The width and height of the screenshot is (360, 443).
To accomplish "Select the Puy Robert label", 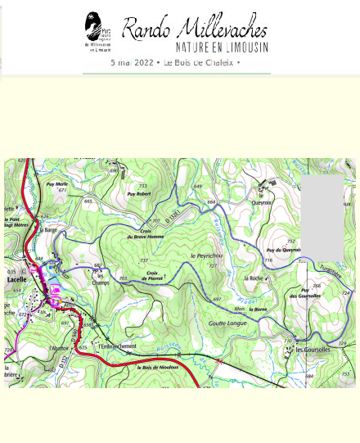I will [142, 194].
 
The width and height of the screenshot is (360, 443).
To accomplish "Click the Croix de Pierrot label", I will [155, 276].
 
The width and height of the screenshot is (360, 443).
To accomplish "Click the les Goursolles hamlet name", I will [312, 350].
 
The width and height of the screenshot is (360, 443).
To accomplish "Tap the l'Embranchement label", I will [117, 346].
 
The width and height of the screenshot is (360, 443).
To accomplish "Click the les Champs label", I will [101, 278].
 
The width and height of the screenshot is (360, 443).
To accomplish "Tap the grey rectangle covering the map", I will [322, 217].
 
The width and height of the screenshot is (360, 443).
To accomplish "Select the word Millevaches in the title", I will [221, 29].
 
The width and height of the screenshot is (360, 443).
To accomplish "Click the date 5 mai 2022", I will [133, 62].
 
